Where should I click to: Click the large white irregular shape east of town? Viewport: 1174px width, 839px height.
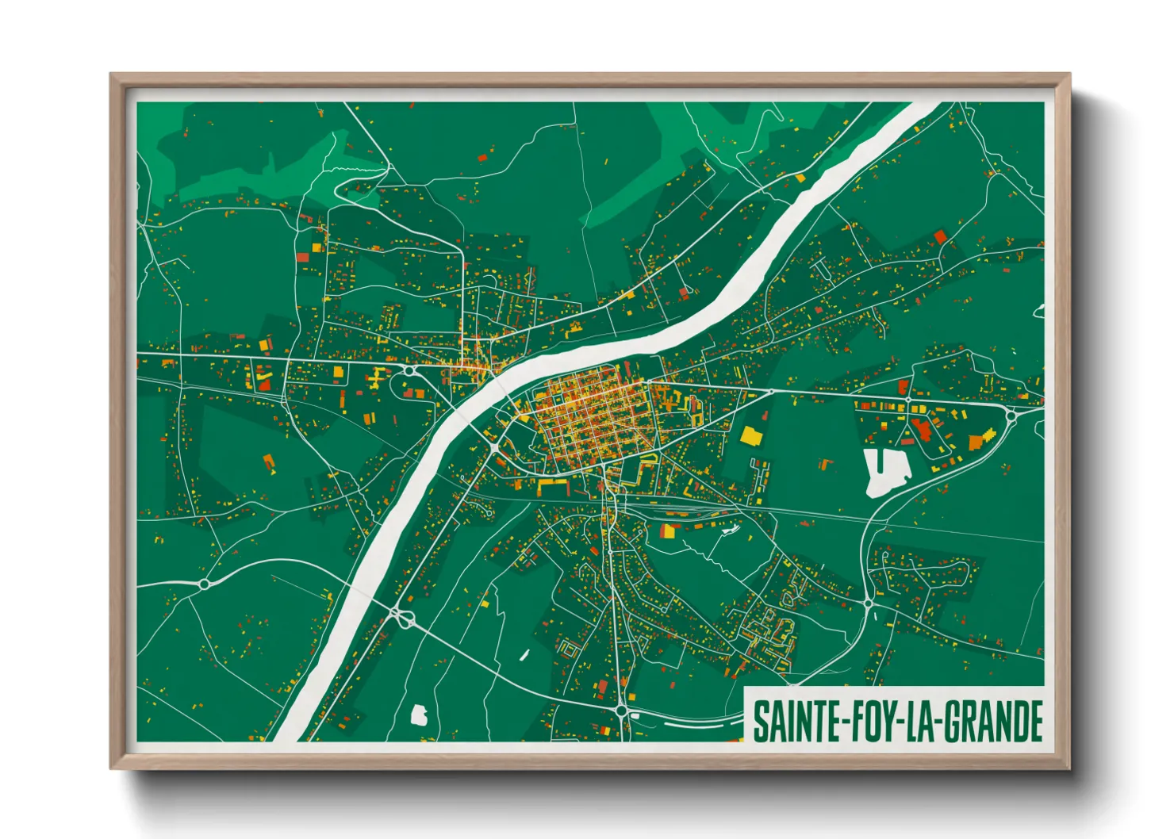[x=884, y=472]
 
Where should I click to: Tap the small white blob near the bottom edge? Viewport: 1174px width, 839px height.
[x=419, y=715]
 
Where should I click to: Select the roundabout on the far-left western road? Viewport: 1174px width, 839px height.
[x=204, y=584]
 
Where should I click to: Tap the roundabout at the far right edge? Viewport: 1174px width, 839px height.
[x=1011, y=413]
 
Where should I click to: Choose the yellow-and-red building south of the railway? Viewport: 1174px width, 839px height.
[x=668, y=531]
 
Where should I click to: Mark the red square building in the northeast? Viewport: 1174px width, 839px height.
[x=941, y=236]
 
